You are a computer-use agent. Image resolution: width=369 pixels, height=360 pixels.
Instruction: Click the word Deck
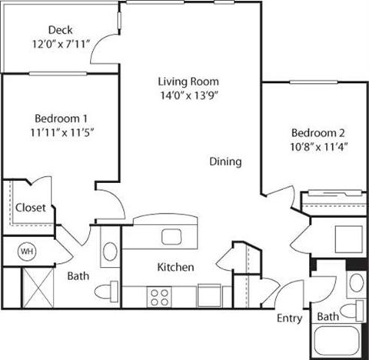tap(60, 30)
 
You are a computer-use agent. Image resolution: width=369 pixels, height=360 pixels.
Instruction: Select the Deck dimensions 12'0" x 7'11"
tap(60, 44)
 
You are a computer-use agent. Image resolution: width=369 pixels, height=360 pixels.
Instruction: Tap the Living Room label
tap(188, 82)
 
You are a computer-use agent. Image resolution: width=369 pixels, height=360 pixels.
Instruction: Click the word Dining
tap(226, 162)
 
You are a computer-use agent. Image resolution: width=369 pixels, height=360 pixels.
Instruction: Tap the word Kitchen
tap(175, 267)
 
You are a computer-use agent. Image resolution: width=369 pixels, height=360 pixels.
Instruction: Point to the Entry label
tap(288, 318)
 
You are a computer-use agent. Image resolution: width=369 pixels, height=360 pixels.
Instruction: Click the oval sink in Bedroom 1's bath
tap(110, 251)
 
